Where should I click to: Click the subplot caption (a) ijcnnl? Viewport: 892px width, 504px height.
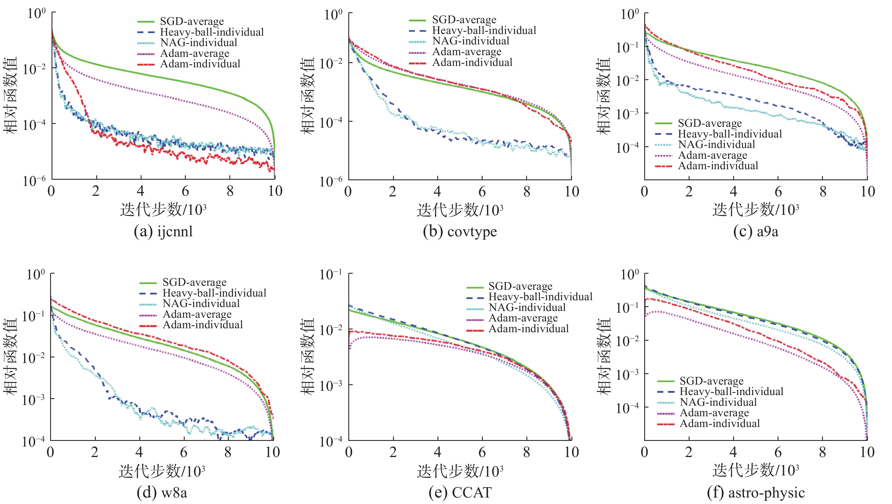click(x=163, y=231)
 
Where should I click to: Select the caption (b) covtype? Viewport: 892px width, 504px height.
click(x=460, y=231)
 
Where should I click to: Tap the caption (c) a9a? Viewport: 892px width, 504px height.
click(x=756, y=231)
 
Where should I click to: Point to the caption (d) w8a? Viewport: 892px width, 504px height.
click(x=162, y=492)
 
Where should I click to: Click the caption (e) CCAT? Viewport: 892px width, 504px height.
click(x=460, y=492)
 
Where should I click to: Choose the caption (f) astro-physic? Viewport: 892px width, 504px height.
click(x=756, y=492)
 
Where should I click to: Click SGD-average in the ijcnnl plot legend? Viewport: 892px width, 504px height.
click(x=192, y=22)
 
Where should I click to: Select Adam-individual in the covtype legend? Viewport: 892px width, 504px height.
click(x=472, y=62)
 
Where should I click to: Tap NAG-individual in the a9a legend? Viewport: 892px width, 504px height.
click(x=716, y=144)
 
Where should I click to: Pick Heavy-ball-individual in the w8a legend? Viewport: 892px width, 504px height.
click(x=214, y=293)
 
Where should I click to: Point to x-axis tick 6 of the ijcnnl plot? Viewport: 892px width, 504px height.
click(x=185, y=191)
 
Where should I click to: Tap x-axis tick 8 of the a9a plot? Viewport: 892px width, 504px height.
click(x=823, y=191)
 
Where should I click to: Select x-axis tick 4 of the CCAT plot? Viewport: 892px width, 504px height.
click(x=437, y=452)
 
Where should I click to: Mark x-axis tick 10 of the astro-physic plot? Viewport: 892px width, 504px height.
click(x=867, y=452)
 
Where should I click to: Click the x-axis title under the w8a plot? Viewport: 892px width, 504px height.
click(x=162, y=471)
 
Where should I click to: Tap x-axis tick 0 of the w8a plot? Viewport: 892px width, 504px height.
click(x=51, y=452)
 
